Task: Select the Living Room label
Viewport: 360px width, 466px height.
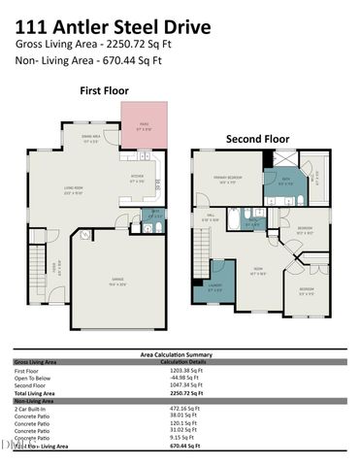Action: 73,189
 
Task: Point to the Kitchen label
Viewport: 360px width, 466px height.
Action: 137,179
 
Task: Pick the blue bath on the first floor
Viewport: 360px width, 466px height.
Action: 152,215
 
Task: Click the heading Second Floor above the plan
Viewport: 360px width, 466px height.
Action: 258,138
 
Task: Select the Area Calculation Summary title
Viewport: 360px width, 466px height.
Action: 180,355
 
